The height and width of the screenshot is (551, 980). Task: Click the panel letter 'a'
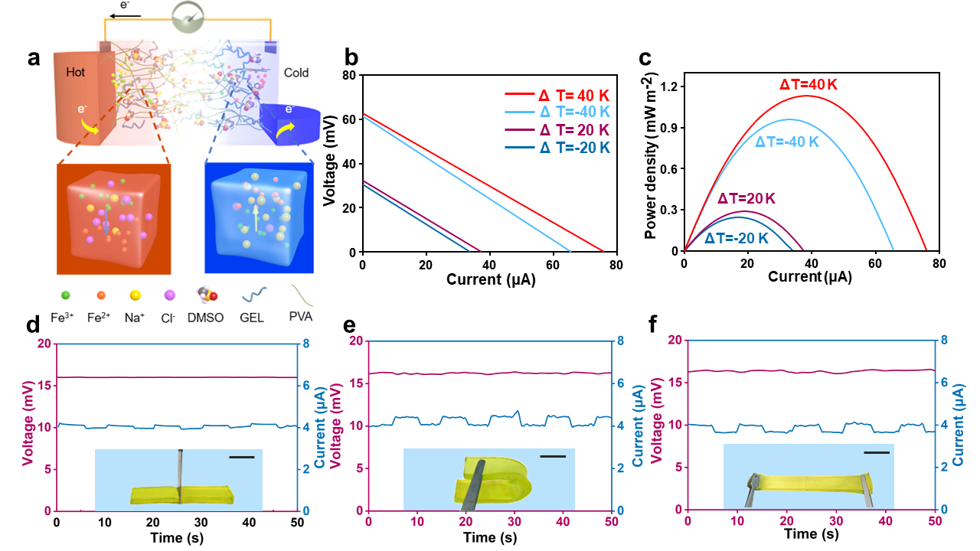click(x=34, y=58)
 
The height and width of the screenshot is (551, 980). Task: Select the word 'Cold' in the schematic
click(x=296, y=73)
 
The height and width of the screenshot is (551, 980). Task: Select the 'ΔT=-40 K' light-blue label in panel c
click(x=787, y=142)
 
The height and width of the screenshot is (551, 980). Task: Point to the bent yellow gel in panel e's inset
click(x=494, y=482)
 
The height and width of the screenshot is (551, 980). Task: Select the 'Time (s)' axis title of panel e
click(x=490, y=539)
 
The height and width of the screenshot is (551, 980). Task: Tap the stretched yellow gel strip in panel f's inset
click(x=808, y=485)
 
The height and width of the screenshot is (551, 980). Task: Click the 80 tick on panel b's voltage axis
click(x=350, y=75)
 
